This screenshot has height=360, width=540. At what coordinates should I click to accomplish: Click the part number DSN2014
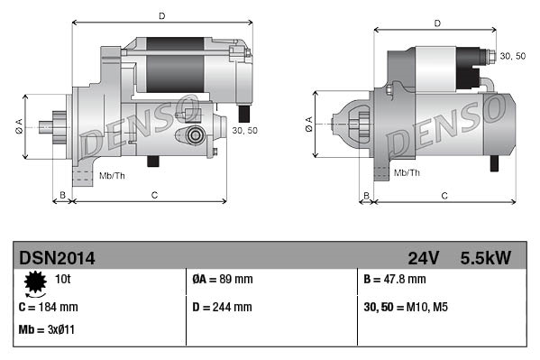pyautogui.click(x=57, y=258)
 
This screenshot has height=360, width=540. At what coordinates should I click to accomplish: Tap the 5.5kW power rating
pyautogui.click(x=485, y=258)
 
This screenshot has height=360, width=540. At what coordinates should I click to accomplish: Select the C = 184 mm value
pyautogui.click(x=49, y=307)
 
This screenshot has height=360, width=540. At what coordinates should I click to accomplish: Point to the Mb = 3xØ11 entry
pyautogui.click(x=46, y=329)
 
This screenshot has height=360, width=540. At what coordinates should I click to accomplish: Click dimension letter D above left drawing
pyautogui.click(x=161, y=15)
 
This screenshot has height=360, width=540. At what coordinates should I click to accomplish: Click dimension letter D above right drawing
pyautogui.click(x=436, y=23)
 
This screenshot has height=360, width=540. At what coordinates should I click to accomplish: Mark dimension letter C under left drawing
pyautogui.click(x=155, y=195)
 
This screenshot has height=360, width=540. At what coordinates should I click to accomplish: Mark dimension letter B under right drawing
pyautogui.click(x=366, y=195)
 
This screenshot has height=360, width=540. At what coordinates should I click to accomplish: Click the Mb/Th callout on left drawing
pyautogui.click(x=112, y=174)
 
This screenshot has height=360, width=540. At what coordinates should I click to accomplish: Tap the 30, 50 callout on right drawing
pyautogui.click(x=512, y=56)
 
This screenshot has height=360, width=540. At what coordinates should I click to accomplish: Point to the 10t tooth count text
pyautogui.click(x=62, y=279)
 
